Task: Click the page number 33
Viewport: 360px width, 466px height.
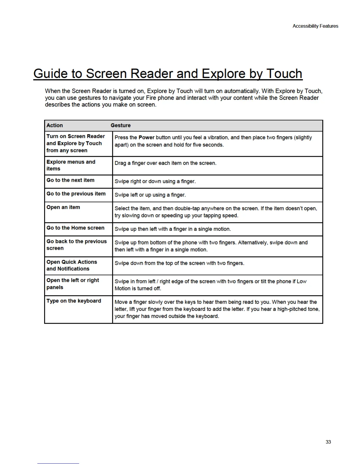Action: (x=328, y=442)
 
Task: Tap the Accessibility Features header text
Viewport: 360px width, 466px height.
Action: (x=315, y=26)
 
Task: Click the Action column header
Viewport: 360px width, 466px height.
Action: (x=55, y=125)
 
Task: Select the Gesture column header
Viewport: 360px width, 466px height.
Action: (x=121, y=125)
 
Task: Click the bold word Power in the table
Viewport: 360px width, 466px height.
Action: (x=146, y=137)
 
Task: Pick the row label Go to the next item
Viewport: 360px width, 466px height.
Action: (x=71, y=180)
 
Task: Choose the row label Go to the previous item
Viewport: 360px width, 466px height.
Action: (x=76, y=194)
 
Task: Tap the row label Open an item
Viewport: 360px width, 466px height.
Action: (x=63, y=207)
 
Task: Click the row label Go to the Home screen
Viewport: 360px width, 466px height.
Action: (x=75, y=228)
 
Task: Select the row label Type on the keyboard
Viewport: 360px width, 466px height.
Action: (x=74, y=301)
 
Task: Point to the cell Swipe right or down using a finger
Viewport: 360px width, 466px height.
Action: (x=155, y=181)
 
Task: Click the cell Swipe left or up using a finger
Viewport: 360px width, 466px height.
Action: (x=150, y=195)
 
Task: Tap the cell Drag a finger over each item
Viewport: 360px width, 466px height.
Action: (x=165, y=163)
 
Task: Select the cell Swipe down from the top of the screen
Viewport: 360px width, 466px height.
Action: (x=179, y=263)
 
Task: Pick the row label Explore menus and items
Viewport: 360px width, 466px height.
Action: (x=71, y=165)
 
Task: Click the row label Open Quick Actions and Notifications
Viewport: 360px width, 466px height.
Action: (x=71, y=265)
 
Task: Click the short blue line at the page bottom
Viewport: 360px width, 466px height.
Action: (x=58, y=463)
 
